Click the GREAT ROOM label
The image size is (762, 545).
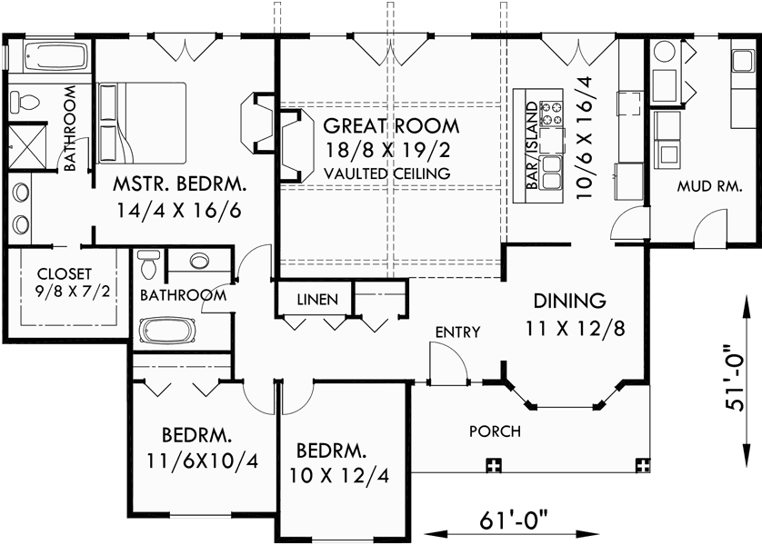[x=391, y=125]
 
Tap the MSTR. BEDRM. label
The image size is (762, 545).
[x=179, y=184]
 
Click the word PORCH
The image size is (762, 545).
[x=495, y=431]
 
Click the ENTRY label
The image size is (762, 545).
[x=456, y=332]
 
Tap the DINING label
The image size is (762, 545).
[x=569, y=300]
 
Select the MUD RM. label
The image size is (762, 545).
[x=707, y=187]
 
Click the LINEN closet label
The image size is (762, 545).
[x=318, y=299]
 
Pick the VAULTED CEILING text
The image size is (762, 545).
[x=386, y=173]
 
